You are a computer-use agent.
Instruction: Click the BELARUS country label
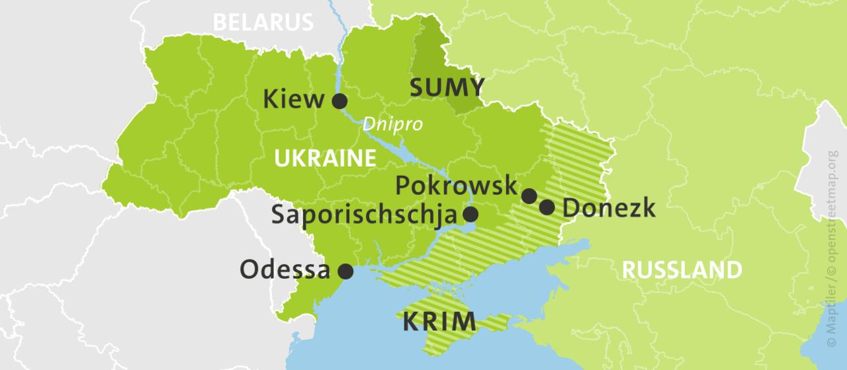tap(263, 22)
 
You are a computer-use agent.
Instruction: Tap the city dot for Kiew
tap(339, 101)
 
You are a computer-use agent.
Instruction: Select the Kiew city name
tap(294, 100)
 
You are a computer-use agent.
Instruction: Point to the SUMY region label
tap(447, 87)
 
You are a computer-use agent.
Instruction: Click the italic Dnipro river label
tap(392, 124)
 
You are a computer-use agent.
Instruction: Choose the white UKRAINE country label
tap(324, 159)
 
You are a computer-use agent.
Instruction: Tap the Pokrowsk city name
tap(456, 186)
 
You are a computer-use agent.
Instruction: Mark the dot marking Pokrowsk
tap(529, 196)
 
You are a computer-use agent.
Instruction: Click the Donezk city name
tap(609, 208)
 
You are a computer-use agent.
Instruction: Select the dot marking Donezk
tap(547, 207)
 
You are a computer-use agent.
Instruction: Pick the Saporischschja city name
tap(364, 215)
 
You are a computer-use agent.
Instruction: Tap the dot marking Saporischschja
tap(470, 214)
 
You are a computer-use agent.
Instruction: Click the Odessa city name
tap(285, 270)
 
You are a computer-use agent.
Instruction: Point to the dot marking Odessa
tap(345, 271)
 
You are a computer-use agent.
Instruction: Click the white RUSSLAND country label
tap(682, 270)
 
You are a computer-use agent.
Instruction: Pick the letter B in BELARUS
tap(219, 22)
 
